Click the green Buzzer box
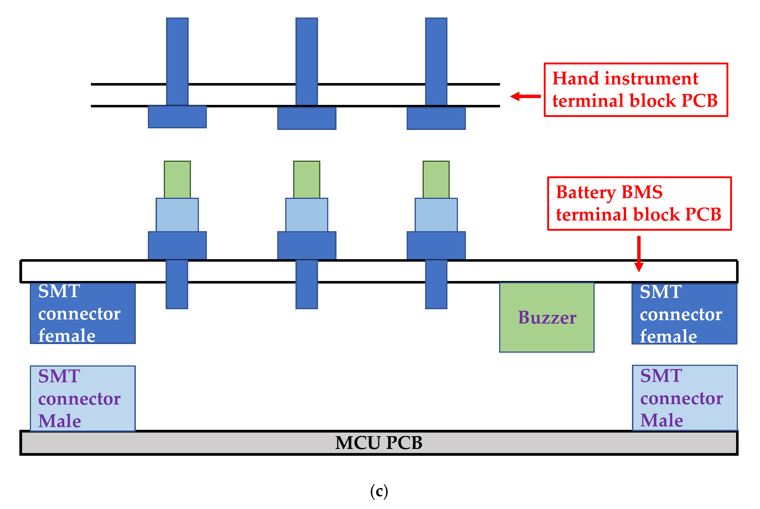[x=547, y=317]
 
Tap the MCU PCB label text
[x=379, y=443]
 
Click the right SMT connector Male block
[x=685, y=398]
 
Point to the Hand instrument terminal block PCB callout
[x=636, y=90]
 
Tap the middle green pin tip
[x=306, y=180]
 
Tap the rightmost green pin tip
[x=436, y=180]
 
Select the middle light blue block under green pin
[x=306, y=215]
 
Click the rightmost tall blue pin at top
[x=436, y=62]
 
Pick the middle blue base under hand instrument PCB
[x=306, y=119]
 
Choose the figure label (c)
[x=379, y=491]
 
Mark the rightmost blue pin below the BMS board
[x=436, y=284]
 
